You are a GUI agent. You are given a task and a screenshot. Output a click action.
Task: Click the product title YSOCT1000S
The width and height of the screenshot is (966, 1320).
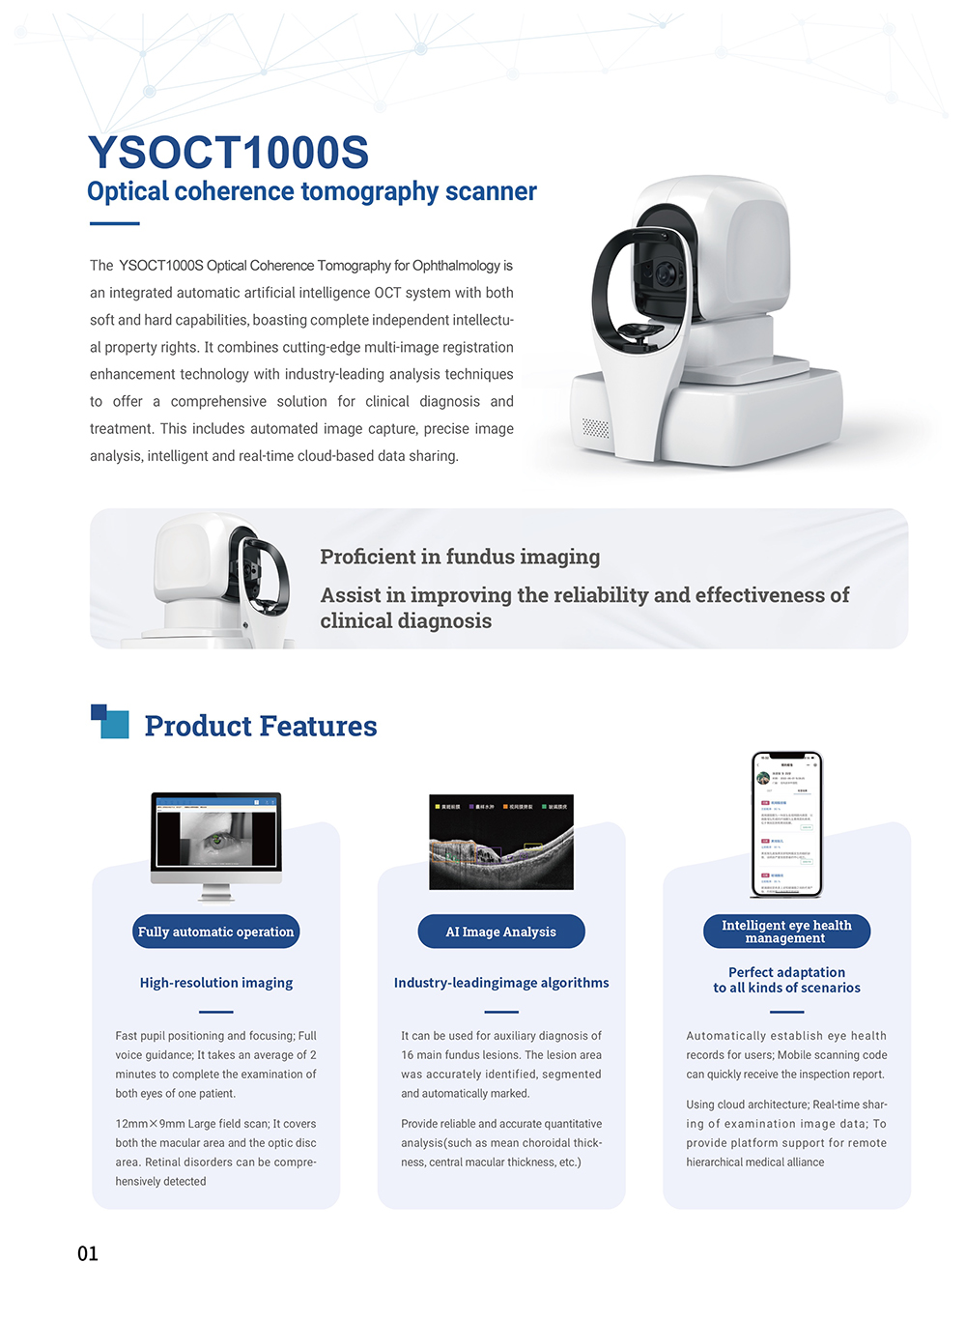228,153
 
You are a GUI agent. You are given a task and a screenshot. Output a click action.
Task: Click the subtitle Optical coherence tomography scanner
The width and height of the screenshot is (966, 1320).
311,191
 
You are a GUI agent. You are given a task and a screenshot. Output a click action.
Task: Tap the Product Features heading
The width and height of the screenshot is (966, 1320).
261,726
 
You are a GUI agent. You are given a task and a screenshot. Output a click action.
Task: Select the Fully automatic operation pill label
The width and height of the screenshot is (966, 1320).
215,932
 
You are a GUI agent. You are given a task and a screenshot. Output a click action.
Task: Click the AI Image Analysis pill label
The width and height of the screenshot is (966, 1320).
500,932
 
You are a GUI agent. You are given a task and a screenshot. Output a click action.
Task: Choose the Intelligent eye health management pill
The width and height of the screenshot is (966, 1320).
786,932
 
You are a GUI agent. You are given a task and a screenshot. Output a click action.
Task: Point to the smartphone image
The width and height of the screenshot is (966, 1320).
786,824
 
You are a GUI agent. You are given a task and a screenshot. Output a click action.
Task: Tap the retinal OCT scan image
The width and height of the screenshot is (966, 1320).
500,842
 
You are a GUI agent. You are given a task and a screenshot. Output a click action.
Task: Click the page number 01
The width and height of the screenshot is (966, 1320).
88,1253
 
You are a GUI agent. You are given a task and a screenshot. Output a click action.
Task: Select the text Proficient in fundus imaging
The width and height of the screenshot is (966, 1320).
460,557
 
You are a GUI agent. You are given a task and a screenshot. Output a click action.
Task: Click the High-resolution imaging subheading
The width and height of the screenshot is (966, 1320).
216,983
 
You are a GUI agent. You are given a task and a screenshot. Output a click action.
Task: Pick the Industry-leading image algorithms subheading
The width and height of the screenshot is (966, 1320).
501,983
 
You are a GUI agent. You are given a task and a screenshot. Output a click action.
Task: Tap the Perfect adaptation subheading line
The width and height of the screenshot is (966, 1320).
786,972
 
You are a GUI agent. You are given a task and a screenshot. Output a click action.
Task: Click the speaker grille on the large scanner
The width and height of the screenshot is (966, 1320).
596,428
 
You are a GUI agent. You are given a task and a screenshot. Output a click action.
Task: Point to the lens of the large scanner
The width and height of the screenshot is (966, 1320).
667,274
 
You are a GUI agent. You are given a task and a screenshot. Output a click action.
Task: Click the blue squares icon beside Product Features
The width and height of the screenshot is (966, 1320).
110,721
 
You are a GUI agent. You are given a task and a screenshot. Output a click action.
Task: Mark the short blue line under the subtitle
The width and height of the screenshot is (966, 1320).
115,223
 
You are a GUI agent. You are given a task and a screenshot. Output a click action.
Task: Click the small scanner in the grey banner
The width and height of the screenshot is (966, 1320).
222,580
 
